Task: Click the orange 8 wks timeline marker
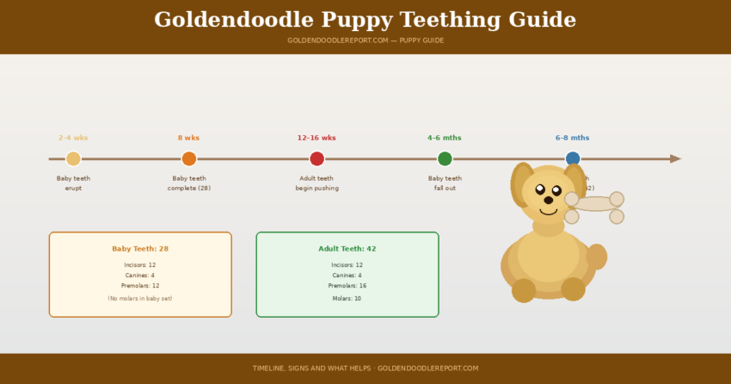(189, 158)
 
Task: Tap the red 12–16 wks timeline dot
(316, 158)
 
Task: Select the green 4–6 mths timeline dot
(445, 158)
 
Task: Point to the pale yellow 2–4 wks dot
(73, 158)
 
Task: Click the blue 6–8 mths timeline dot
(573, 158)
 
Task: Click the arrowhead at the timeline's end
(675, 158)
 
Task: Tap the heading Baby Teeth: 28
(140, 249)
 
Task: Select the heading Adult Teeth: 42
(347, 249)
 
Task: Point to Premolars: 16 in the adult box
(347, 286)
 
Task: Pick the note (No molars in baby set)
(140, 299)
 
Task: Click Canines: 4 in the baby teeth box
(140, 276)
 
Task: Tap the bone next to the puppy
(594, 204)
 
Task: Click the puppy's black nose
(549, 200)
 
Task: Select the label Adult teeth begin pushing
(316, 183)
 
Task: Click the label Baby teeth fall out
(445, 183)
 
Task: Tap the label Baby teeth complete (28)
(189, 183)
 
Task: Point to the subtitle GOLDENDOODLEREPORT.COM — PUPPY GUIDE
(365, 40)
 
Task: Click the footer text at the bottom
(365, 369)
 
